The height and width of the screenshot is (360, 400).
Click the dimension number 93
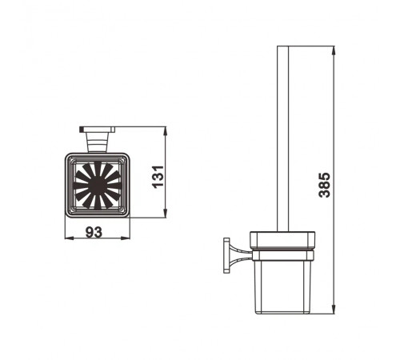94,232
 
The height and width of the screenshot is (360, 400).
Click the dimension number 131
158,177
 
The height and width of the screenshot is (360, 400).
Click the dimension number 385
325,185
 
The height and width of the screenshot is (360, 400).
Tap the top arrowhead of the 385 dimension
333,50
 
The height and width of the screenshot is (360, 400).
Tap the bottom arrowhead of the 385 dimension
333,310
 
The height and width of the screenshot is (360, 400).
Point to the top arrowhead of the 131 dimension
166,131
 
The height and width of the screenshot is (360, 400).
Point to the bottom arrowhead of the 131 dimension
166,214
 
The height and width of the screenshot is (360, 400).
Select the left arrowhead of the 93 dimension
70,238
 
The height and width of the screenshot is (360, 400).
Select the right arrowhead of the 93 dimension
125,238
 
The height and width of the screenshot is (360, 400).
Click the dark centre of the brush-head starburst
98,185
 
